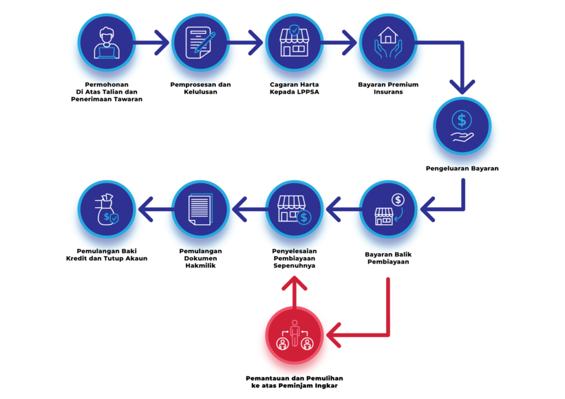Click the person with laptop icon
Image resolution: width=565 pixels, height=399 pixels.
[106, 42]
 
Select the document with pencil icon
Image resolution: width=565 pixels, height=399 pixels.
[200, 42]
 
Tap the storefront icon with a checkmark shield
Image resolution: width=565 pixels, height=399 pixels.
[294, 42]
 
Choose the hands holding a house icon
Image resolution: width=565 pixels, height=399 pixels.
[387, 42]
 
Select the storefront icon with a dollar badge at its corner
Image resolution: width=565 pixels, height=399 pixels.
[294, 209]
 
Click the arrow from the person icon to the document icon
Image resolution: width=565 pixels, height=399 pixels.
[152, 42]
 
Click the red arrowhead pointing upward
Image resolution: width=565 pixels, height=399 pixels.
[294, 283]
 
